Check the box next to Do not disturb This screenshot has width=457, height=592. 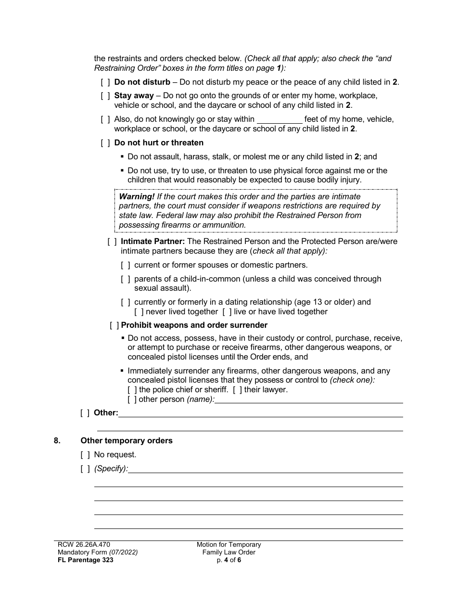tap(105, 82)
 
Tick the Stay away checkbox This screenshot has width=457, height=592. tap(105, 96)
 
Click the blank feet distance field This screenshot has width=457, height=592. tap(280, 119)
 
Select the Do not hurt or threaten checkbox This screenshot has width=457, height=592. tap(105, 143)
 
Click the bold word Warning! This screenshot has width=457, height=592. tap(137, 197)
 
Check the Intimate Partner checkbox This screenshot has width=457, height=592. tap(112, 242)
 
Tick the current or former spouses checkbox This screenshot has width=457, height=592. tap(126, 265)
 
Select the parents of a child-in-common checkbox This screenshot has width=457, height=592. tap(126, 279)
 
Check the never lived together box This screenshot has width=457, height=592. tap(139, 312)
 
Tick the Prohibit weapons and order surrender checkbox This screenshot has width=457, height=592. tap(115, 325)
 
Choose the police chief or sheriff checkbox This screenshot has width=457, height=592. tap(132, 390)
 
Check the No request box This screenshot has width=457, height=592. tap(85, 454)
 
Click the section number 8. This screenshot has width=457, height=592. tap(57, 440)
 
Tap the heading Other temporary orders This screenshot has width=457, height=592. tap(127, 440)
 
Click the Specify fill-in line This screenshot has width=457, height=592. tap(265, 469)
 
